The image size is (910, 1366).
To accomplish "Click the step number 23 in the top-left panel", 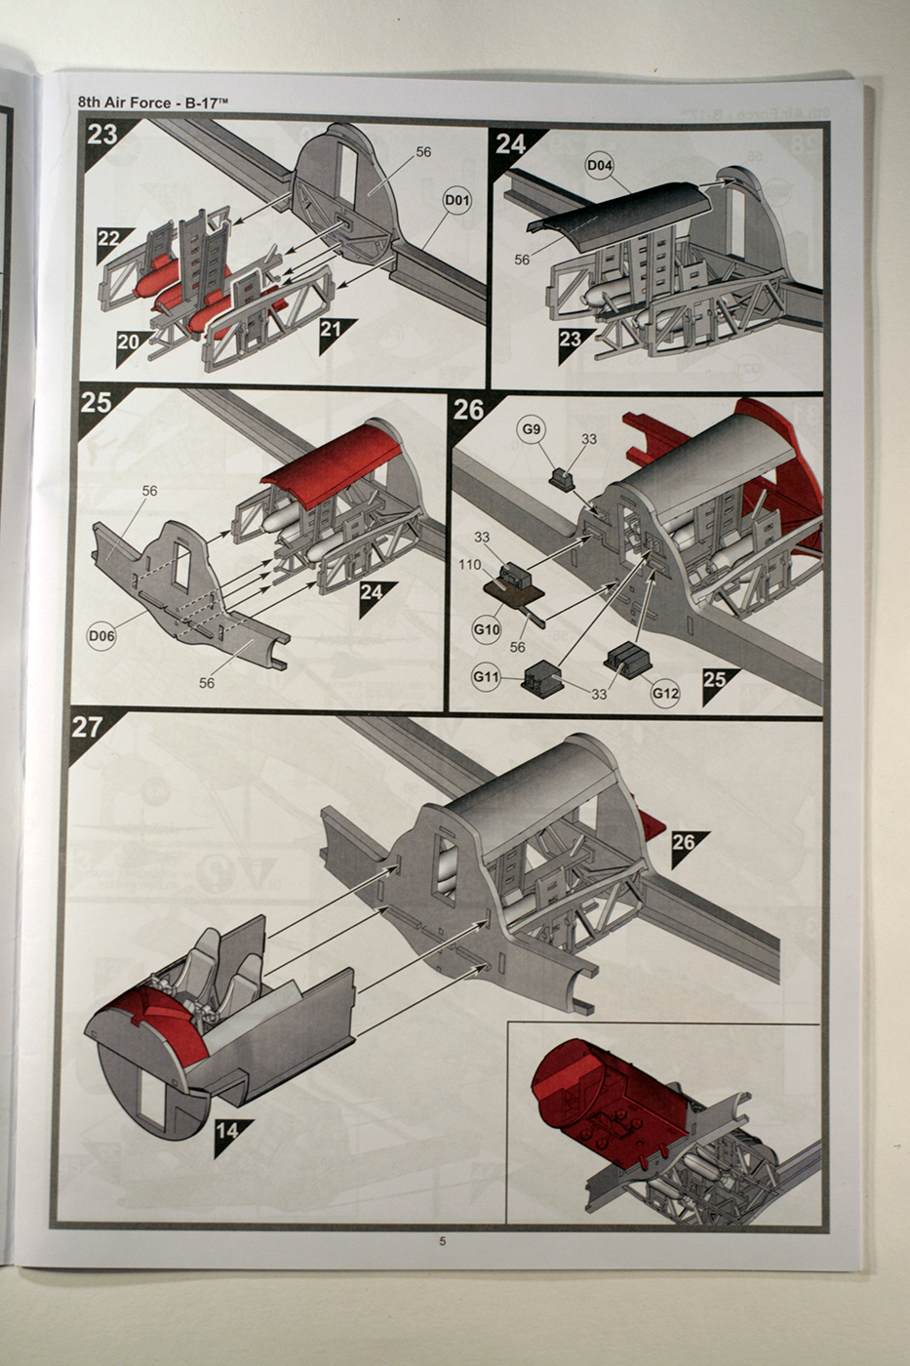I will [102, 135].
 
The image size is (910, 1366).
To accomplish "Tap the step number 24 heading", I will [510, 144].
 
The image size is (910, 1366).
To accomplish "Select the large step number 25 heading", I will [96, 401].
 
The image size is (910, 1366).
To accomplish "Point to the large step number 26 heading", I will [469, 410].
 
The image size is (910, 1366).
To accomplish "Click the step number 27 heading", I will [88, 727].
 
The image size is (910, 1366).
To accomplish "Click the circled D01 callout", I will [457, 201].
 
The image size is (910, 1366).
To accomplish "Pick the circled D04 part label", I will [601, 166].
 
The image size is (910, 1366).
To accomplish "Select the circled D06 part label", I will [101, 636].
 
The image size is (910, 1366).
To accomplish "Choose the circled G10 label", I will [487, 630].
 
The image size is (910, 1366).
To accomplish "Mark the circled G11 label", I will [486, 675].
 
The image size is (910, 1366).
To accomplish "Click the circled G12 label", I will [665, 694].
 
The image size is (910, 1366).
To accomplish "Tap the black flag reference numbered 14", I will [227, 1132].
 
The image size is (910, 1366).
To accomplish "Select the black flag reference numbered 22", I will [110, 239].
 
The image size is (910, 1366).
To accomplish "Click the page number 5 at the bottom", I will [443, 1241].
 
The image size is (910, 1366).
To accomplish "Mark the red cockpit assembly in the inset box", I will [605, 1098].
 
